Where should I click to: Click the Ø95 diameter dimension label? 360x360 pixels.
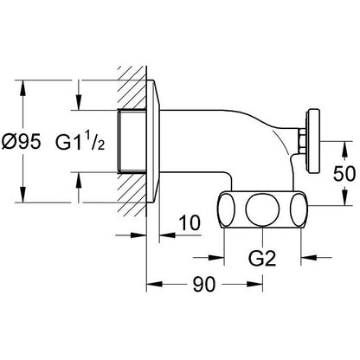coord(21,142)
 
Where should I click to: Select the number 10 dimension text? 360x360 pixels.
coord(190,222)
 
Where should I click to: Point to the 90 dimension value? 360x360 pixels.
coord(204,284)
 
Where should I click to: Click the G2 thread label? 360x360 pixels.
coord(262,258)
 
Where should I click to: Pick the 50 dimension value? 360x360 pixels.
coord(344,174)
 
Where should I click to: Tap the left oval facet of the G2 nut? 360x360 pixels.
coord(226,209)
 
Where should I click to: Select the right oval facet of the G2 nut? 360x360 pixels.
coord(299,209)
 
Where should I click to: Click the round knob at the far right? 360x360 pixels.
coord(314,141)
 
